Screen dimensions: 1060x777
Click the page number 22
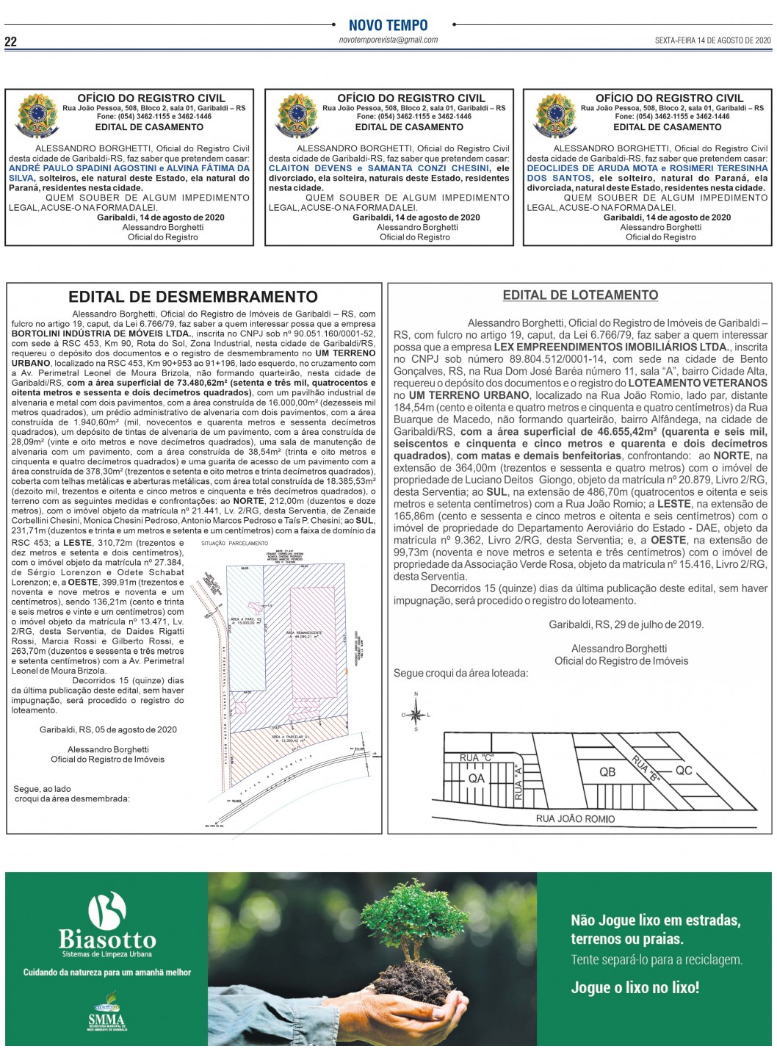[10, 41]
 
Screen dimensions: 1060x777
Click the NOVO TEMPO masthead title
[388, 25]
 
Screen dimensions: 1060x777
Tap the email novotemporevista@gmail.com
[388, 40]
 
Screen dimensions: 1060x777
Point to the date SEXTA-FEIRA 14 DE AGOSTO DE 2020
[712, 41]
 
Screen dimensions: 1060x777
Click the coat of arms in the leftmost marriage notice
[37, 116]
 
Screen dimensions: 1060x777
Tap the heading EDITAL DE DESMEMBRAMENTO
[193, 297]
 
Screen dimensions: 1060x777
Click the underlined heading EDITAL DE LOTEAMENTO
[580, 295]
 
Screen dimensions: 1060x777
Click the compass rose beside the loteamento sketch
[416, 713]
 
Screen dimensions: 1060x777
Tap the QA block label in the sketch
[476, 779]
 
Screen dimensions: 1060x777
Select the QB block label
[607, 772]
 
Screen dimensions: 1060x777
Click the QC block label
[683, 771]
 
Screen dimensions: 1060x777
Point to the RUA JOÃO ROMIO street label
[575, 818]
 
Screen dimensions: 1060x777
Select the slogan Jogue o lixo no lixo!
[635, 987]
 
